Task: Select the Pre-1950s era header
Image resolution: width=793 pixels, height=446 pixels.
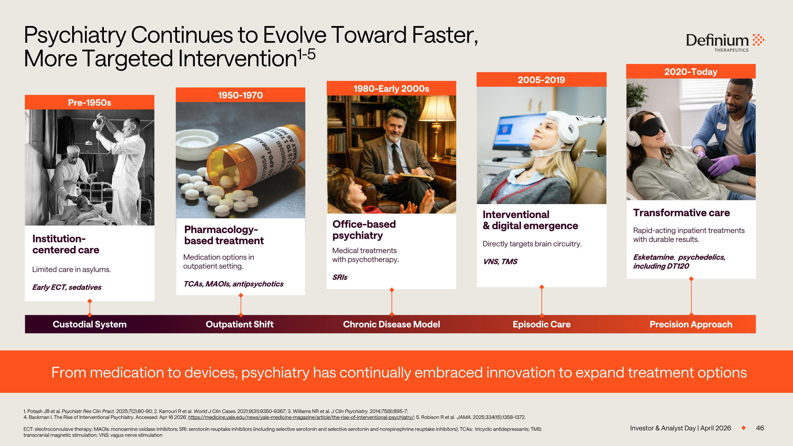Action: point(90,103)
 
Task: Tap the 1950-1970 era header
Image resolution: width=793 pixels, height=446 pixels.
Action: point(241,95)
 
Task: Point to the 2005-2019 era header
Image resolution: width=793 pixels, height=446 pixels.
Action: point(542,80)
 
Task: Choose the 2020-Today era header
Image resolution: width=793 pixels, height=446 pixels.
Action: point(691,72)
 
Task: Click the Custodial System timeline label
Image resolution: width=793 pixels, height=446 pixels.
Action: point(90,324)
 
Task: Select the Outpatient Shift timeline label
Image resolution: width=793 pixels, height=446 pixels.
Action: point(239,324)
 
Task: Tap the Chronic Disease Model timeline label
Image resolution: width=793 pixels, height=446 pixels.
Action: point(391,324)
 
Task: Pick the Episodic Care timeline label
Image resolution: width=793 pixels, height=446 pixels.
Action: point(542,324)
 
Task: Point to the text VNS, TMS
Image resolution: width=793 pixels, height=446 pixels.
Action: point(500,262)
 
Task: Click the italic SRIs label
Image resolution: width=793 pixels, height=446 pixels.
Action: point(340,277)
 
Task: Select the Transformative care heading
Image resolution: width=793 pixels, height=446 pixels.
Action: point(681,213)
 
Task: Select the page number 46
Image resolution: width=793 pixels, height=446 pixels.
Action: point(760,428)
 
